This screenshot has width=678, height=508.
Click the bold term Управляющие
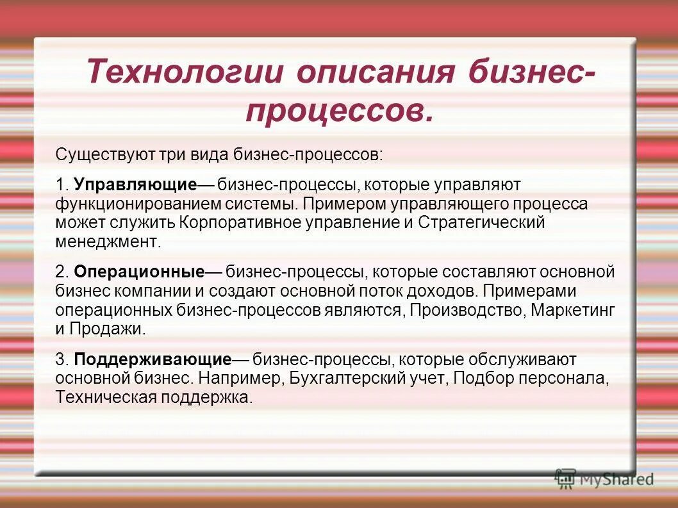click(135, 185)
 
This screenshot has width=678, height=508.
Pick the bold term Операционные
click(139, 272)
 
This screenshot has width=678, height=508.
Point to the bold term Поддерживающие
click(153, 359)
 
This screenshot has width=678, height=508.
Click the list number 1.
click(60, 185)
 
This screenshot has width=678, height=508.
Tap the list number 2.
click(61, 272)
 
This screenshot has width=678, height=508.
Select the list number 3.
click(61, 359)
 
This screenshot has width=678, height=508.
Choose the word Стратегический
click(481, 223)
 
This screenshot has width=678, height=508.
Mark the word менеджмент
click(106, 242)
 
